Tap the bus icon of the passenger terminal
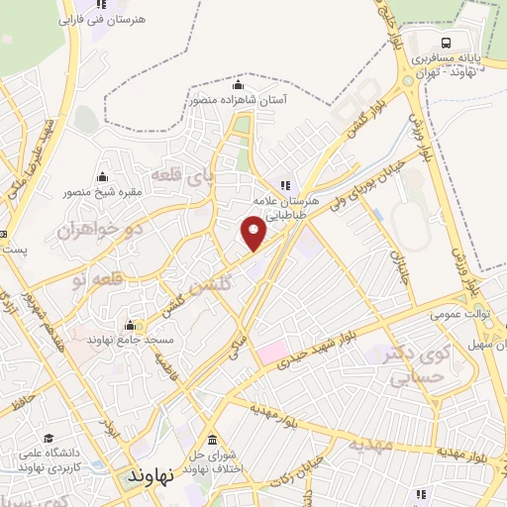446,43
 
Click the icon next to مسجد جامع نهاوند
130,325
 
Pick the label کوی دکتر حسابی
405,363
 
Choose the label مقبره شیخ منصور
104,191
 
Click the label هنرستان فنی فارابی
98,19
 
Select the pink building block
272,351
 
